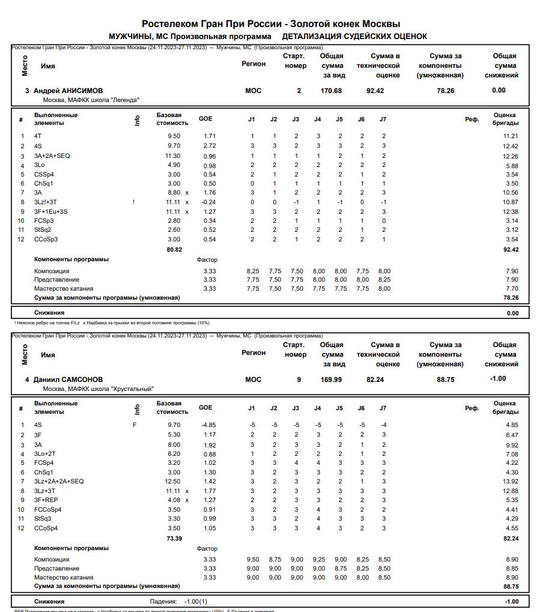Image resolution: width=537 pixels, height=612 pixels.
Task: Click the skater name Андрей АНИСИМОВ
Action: coord(68,91)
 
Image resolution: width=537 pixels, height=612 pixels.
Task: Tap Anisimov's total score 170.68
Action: coord(331,91)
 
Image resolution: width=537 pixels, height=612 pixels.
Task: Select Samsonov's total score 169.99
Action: coord(331,380)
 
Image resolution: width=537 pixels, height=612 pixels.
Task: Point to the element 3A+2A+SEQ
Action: coord(52,156)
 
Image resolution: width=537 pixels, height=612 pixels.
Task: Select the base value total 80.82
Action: coord(174,249)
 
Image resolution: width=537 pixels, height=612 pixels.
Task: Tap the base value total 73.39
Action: coord(174,538)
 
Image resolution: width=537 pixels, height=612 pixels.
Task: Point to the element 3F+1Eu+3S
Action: coord(51,211)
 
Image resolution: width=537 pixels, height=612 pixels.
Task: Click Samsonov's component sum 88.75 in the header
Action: coord(445,380)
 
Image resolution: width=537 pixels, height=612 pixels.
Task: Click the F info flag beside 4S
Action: coord(135,425)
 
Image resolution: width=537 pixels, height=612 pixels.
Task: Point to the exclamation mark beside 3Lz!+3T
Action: coord(134,202)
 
